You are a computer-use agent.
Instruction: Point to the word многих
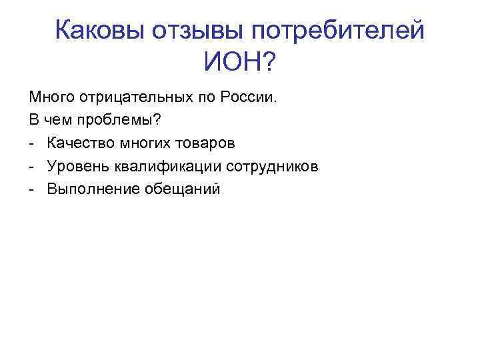click(x=137, y=143)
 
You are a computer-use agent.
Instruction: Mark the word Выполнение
click(x=89, y=189)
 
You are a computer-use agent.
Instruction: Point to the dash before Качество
click(x=32, y=145)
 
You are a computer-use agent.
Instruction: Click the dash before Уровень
click(x=32, y=167)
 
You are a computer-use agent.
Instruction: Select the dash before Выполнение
click(x=32, y=190)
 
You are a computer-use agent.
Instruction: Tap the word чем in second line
click(x=53, y=121)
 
